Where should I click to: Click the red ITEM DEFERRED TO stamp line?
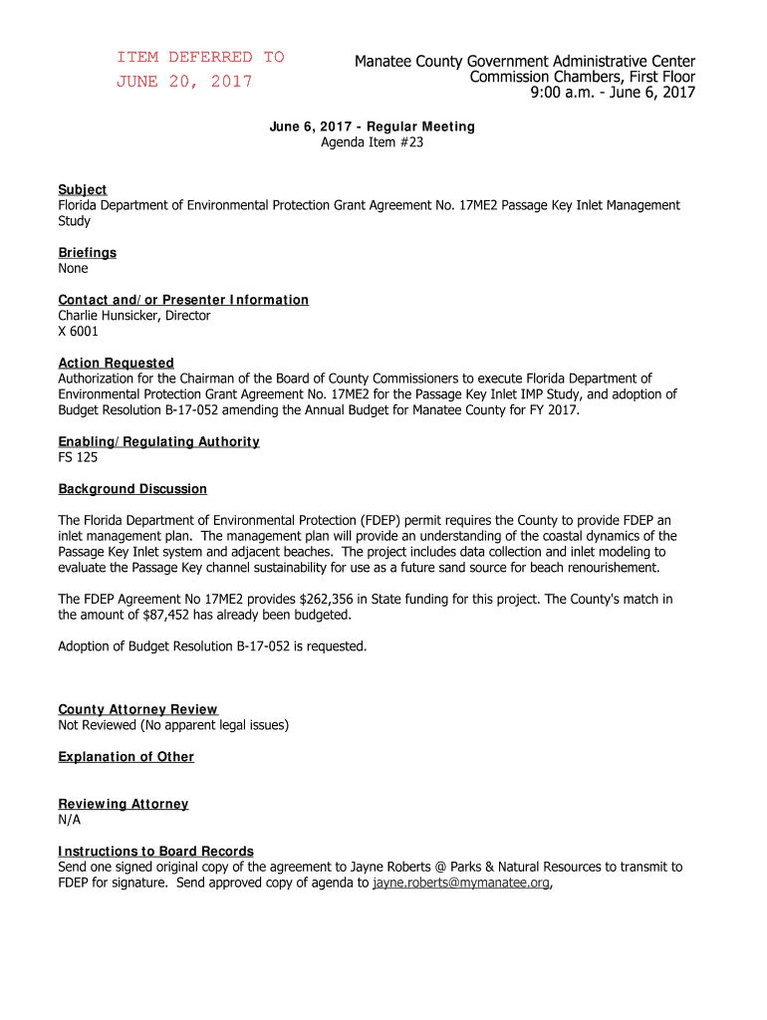(200, 57)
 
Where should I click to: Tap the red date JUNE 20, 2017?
(184, 82)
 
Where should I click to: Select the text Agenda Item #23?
(372, 142)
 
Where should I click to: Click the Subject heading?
(83, 189)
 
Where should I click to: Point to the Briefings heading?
(87, 252)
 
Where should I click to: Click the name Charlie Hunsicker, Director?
(134, 316)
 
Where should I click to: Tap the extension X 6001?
(79, 332)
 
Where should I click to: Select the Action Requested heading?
(116, 363)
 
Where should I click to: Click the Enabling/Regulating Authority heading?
(158, 441)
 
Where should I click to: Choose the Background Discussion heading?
(132, 489)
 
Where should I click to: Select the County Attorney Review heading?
(137, 709)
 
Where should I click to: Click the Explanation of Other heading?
(126, 757)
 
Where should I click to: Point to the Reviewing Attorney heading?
(123, 804)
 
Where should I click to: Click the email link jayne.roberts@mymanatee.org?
(461, 883)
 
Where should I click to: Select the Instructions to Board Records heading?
(155, 851)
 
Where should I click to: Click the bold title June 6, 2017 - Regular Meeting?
(372, 127)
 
